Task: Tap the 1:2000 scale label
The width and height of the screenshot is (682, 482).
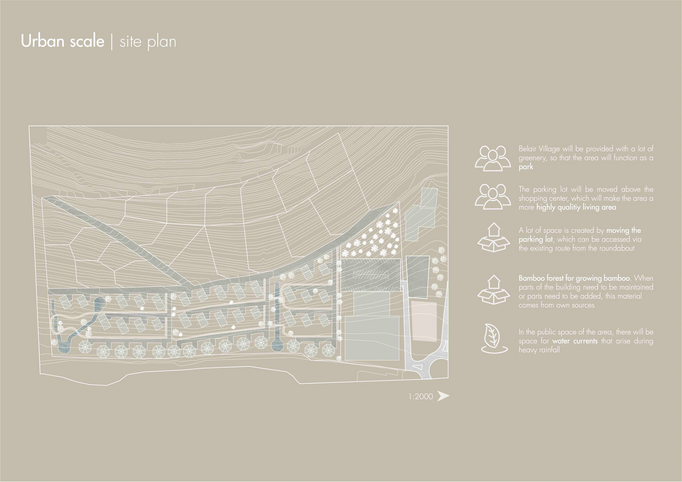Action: pyautogui.click(x=421, y=396)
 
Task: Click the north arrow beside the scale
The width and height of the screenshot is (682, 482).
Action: pyautogui.click(x=443, y=396)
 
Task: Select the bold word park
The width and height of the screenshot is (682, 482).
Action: pyautogui.click(x=526, y=167)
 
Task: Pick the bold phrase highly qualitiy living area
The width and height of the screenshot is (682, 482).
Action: pyautogui.click(x=576, y=207)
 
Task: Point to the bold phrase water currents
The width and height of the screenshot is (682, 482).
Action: pyautogui.click(x=575, y=341)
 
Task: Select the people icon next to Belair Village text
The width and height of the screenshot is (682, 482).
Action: pyautogui.click(x=492, y=158)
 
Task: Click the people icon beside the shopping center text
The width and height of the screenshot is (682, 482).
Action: pyautogui.click(x=492, y=196)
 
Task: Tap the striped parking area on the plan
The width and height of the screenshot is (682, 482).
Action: pyautogui.click(x=369, y=275)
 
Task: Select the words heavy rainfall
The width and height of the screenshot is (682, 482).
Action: pyautogui.click(x=539, y=350)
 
